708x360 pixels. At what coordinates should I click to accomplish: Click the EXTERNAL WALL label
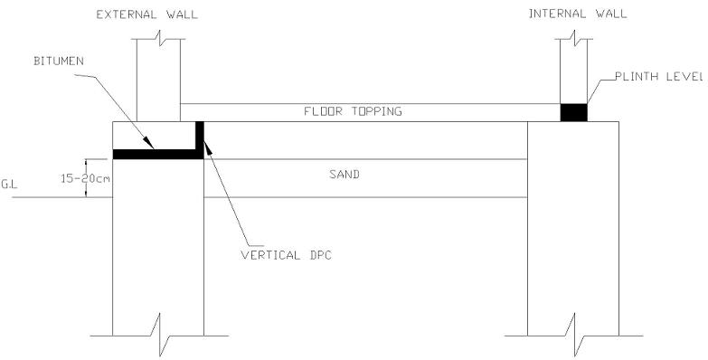point(147,14)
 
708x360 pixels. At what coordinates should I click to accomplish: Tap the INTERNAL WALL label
point(578,14)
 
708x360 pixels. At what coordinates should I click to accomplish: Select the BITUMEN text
point(59,61)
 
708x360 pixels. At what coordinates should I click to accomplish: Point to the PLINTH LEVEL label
point(659,76)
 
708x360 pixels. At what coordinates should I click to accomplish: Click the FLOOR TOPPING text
point(353,111)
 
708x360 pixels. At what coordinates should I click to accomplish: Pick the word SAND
point(345,175)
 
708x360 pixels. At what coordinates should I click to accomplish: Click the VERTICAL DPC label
point(287,255)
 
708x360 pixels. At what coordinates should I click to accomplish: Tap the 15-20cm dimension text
point(86,178)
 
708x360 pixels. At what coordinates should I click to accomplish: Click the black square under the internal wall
point(574,112)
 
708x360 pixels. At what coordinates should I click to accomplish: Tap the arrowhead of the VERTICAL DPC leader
point(208,147)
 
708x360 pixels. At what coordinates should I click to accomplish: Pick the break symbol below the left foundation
point(159,336)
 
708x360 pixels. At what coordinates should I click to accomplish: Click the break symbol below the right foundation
point(573,336)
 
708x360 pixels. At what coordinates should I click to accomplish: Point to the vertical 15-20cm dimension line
point(86,178)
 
